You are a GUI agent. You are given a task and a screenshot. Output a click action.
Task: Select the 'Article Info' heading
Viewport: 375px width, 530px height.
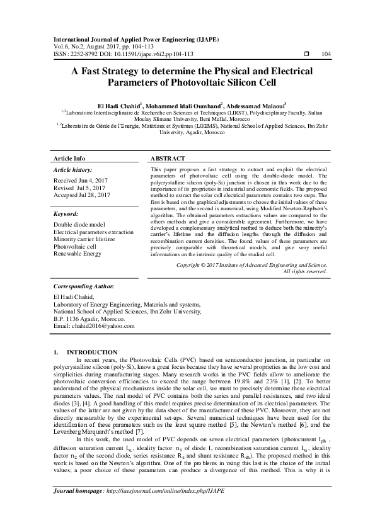coord(69,158)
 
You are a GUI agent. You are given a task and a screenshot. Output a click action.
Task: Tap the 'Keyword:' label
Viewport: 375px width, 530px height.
coord(69,214)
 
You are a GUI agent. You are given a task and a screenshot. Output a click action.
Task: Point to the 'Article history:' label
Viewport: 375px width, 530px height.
coord(72,170)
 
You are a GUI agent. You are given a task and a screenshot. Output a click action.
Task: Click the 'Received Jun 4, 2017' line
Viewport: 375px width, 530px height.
coord(81,180)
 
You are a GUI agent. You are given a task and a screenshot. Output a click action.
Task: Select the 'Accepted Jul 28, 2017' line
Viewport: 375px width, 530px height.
coord(82,195)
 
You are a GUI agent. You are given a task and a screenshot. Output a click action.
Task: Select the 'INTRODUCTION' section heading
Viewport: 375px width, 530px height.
coord(92,352)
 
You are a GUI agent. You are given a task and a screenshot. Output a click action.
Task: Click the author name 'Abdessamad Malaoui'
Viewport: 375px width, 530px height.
coord(255,106)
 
